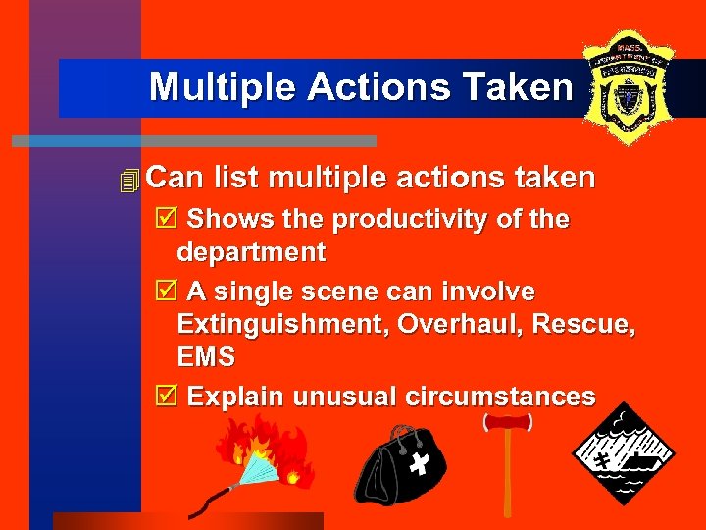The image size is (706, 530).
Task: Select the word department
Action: [x=251, y=252]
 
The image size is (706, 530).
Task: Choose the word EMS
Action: [x=206, y=357]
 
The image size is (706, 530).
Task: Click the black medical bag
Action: [x=394, y=465]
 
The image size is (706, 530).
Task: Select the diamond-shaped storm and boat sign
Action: [x=625, y=452]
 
